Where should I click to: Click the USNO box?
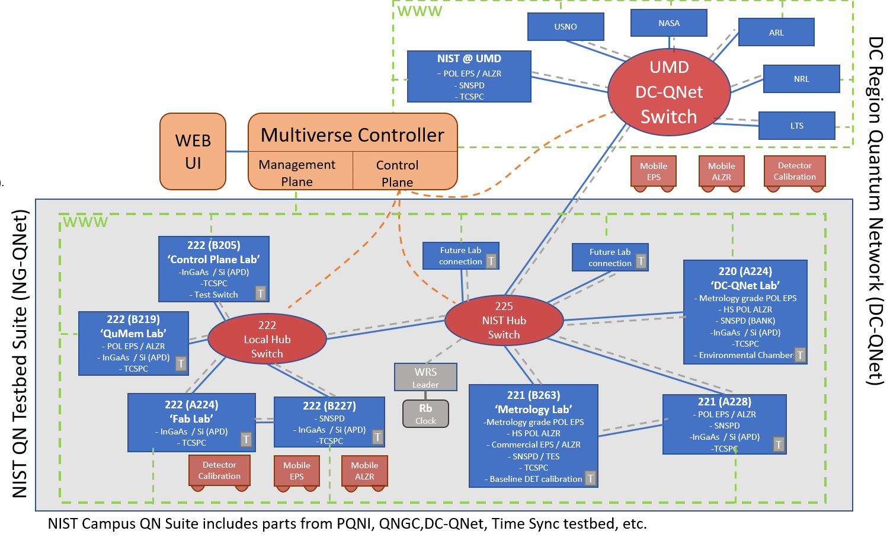(x=565, y=27)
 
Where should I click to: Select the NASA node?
(x=668, y=23)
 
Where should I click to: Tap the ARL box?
(x=776, y=33)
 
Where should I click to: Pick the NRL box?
(x=801, y=79)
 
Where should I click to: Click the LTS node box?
(x=796, y=126)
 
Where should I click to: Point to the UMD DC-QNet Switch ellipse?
(x=669, y=92)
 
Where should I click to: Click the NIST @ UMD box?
(x=469, y=76)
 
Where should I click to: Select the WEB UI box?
(x=193, y=152)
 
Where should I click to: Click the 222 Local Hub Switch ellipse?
(x=267, y=339)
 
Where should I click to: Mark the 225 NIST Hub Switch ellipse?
(x=504, y=320)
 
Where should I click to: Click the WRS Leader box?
(x=425, y=377)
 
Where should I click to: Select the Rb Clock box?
(x=425, y=414)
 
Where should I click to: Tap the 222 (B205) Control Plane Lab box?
(x=213, y=269)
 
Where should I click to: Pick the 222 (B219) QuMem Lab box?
(x=133, y=343)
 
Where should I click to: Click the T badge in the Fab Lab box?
(x=246, y=439)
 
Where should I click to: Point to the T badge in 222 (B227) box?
(x=377, y=437)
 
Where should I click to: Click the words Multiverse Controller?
(x=352, y=135)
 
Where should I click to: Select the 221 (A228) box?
(x=724, y=424)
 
